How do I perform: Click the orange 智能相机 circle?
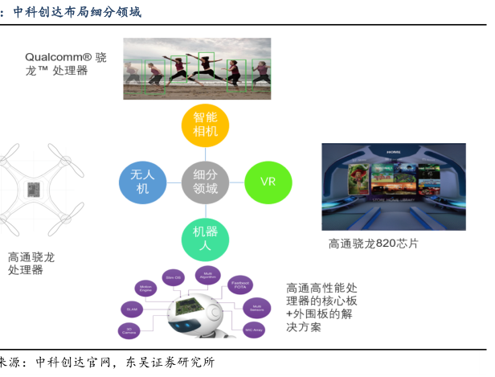pos(206,125)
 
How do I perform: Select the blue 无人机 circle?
pos(142,182)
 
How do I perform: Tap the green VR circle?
pos(268,180)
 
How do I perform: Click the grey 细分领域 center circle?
pos(206,182)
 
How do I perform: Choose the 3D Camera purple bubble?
pos(129,330)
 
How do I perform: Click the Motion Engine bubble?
pos(146,287)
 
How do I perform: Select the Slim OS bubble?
pos(173,277)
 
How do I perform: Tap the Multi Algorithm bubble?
pos(207,275)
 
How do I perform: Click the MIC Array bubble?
pos(253,330)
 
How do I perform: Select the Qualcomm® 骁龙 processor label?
pos(65,64)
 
